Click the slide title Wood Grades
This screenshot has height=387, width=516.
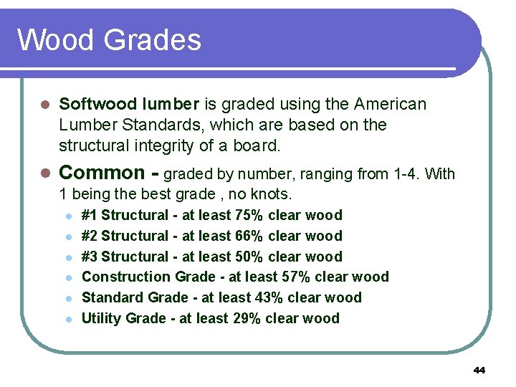tap(109, 39)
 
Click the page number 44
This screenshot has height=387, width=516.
tap(479, 371)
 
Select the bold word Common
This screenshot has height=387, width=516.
tap(102, 173)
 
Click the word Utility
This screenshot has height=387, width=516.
tap(101, 318)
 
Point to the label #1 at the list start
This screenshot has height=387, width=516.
tap(90, 215)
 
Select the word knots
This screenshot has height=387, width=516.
tap(271, 194)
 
